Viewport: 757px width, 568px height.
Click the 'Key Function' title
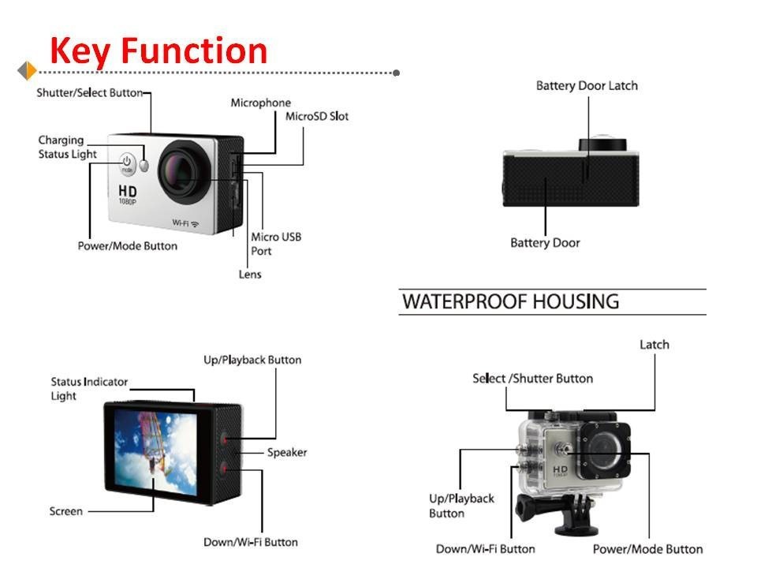158,51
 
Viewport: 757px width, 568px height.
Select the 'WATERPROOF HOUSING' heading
510,301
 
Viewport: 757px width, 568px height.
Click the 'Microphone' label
261,103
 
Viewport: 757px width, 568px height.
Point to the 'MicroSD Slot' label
317,117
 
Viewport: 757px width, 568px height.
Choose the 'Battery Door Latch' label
587,85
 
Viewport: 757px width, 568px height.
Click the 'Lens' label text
250,275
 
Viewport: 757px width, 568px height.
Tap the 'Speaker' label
287,453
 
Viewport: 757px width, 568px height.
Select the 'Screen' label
66,511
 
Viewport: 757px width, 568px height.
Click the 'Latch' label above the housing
654,345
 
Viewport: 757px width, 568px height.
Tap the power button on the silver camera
127,164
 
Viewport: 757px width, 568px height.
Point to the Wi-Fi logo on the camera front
186,223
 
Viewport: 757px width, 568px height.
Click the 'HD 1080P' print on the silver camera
128,194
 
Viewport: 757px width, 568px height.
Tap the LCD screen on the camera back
156,452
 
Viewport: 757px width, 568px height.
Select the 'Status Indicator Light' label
89,389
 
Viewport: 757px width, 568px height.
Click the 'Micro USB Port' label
276,244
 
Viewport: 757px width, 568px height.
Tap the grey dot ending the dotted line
397,73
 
